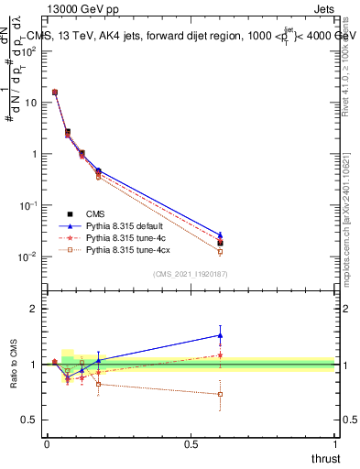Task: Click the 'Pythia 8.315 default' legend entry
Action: point(129,225)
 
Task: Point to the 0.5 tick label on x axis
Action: point(191,443)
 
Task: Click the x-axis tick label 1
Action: point(334,443)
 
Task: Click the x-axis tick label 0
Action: point(47,443)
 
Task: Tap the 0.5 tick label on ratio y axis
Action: point(29,420)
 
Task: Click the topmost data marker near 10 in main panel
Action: point(55,93)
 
